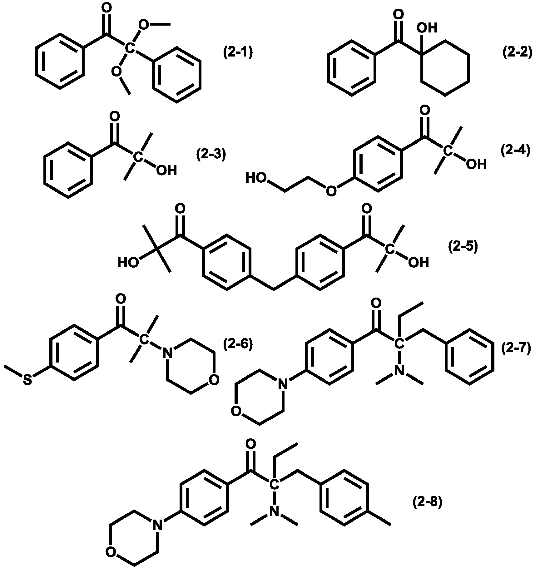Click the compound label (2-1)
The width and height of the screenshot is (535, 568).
click(x=238, y=52)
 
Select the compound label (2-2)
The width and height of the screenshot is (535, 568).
click(x=517, y=52)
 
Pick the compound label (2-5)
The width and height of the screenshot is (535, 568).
click(x=463, y=247)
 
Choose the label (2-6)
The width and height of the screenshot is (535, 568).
click(x=238, y=344)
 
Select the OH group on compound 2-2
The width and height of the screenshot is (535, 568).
click(x=427, y=28)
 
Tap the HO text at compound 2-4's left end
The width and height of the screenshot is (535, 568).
click(x=256, y=178)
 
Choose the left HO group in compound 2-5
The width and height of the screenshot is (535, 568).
click(x=128, y=263)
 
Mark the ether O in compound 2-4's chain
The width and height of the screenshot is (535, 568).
click(x=332, y=190)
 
